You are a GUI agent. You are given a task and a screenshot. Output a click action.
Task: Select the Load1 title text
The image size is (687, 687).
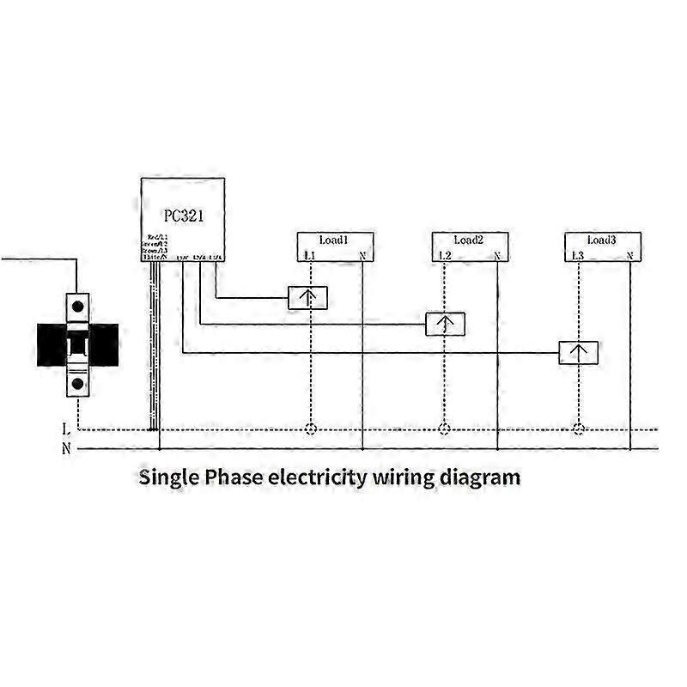coord(332,240)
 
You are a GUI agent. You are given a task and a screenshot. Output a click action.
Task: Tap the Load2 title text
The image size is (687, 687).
coord(469,240)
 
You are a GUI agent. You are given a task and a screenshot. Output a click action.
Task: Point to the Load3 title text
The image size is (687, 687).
coord(602,240)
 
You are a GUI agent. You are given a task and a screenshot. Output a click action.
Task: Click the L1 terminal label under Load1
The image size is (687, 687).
coord(310,256)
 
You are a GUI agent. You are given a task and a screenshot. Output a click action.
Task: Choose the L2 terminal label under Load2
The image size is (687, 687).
coord(444,256)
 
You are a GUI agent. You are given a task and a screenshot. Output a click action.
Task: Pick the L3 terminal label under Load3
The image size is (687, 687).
coord(578,256)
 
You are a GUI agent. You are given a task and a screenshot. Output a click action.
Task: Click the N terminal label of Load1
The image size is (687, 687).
coord(362,256)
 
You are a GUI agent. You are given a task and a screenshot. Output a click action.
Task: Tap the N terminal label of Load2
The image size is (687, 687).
coord(496,256)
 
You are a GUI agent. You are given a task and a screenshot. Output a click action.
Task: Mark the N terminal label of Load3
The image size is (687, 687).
coord(630,256)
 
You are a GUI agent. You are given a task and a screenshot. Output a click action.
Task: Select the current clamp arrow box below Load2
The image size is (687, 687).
coord(446,325)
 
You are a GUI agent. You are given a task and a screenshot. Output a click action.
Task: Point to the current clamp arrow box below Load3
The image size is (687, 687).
coord(579,353)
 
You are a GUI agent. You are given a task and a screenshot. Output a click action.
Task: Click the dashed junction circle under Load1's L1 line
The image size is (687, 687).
coord(310,429)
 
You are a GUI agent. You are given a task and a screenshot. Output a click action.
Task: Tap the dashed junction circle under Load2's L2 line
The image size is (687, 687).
coord(444,429)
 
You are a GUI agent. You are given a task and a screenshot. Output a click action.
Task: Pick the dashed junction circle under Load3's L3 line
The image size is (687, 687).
coord(579,429)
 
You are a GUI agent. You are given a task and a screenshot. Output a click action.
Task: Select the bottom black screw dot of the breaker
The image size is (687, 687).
coord(78,384)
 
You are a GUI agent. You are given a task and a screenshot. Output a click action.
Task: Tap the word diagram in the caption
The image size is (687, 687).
coord(482,477)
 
